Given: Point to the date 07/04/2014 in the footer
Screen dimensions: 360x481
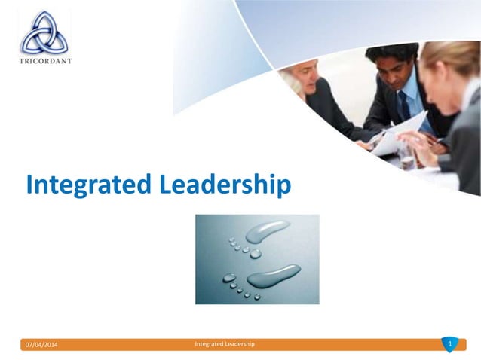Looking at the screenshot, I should [x=41, y=345].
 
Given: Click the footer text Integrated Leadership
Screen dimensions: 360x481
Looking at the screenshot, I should [x=225, y=344].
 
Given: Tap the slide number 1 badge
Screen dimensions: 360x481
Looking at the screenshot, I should [x=449, y=344].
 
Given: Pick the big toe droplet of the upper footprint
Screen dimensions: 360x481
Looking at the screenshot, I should [x=256, y=253].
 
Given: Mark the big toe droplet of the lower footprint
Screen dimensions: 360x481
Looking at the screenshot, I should [x=230, y=278].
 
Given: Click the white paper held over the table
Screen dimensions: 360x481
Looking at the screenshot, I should [x=396, y=136].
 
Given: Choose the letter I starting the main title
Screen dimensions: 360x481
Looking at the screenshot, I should [x=30, y=185].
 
